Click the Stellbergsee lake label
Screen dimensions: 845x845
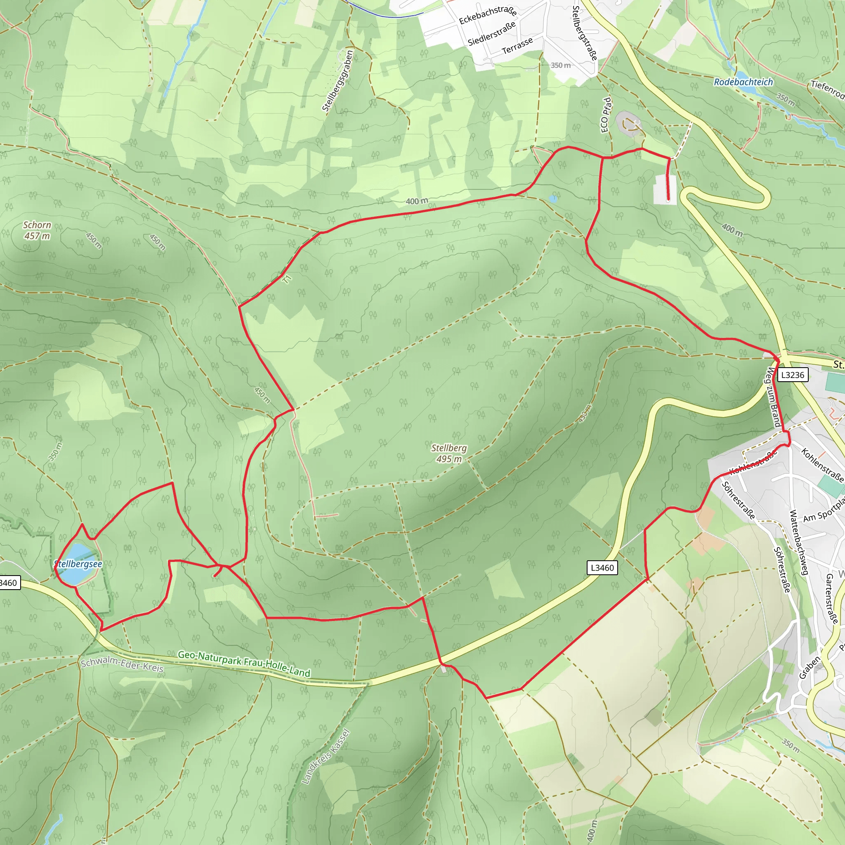[78, 564]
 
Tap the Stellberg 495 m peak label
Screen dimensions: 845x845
[449, 453]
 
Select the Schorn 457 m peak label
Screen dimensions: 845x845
[37, 231]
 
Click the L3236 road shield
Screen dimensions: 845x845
[793, 375]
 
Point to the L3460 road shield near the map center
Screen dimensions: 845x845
[602, 568]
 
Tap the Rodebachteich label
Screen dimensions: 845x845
[744, 82]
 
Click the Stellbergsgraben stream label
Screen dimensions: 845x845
[337, 81]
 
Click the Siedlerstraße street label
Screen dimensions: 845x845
[491, 35]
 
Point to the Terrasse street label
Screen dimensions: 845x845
[517, 45]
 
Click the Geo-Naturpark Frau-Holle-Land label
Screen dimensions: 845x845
[244, 664]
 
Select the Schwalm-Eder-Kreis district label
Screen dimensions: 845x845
[122, 665]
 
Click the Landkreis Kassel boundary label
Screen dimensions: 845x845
[326, 757]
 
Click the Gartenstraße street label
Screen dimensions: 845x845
[831, 599]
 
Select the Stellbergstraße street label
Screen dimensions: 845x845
[585, 33]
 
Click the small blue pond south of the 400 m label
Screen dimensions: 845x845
[553, 198]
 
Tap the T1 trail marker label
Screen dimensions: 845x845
[287, 279]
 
